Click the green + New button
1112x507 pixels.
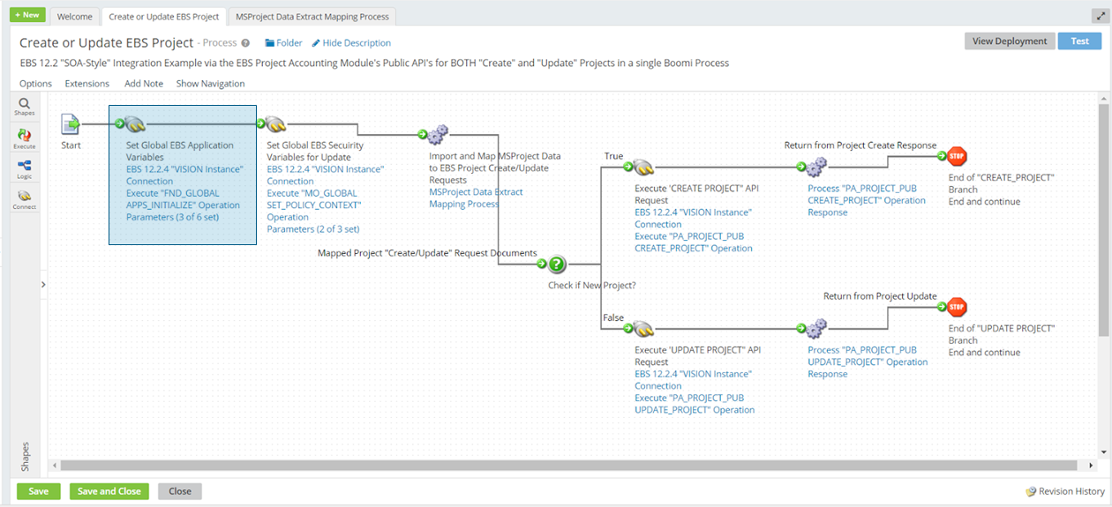pos(27,15)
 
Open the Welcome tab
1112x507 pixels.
pos(75,17)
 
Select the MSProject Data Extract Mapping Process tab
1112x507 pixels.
pos(312,17)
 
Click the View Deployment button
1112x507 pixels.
pos(1009,41)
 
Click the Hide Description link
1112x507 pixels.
pos(356,43)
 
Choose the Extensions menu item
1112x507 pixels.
pos(86,84)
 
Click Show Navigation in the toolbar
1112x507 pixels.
pos(210,84)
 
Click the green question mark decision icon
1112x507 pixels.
pos(556,264)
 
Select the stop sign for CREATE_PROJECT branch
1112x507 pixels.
pos(957,157)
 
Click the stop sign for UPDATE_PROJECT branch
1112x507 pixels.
pos(957,307)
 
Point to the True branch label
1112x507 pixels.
pos(613,156)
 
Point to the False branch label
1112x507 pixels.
pos(614,317)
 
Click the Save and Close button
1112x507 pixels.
pos(109,491)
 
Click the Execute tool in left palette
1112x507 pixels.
pos(25,138)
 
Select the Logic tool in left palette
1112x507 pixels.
pos(25,169)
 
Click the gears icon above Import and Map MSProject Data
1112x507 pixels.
pos(438,135)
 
